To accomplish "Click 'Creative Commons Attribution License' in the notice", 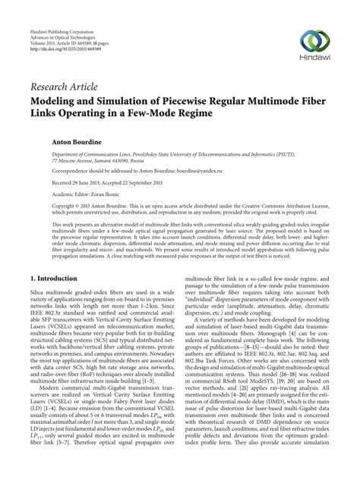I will click(x=264, y=207).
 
